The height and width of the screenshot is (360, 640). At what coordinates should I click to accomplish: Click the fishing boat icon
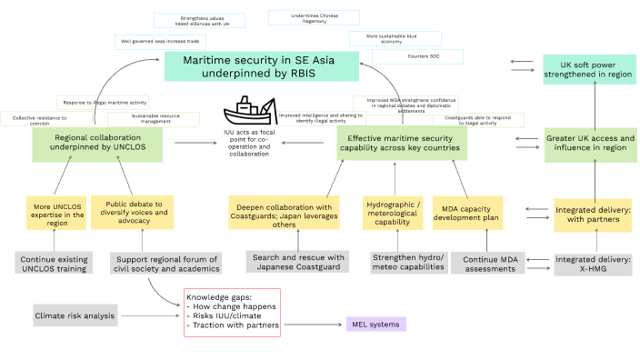tap(249, 115)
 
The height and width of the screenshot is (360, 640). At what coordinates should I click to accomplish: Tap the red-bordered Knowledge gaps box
tap(231, 313)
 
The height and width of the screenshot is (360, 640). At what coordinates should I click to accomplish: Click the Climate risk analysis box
tap(75, 316)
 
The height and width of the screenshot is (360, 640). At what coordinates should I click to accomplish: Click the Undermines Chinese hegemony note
tap(314, 18)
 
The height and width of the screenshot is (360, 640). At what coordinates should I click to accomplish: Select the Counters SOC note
tap(417, 56)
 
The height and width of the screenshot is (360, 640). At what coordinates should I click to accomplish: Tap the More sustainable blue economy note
tap(395, 38)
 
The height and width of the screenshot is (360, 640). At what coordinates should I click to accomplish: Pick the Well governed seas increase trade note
tap(160, 41)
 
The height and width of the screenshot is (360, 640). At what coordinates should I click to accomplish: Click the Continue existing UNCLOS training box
tap(54, 263)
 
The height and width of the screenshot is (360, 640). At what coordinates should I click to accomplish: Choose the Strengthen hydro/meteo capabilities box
tap(406, 262)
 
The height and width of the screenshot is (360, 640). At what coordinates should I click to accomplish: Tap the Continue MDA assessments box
tap(497, 262)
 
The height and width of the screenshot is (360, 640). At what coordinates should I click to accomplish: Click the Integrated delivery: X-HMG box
tap(593, 263)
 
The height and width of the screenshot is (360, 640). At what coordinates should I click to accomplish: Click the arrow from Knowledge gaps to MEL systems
tap(310, 325)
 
